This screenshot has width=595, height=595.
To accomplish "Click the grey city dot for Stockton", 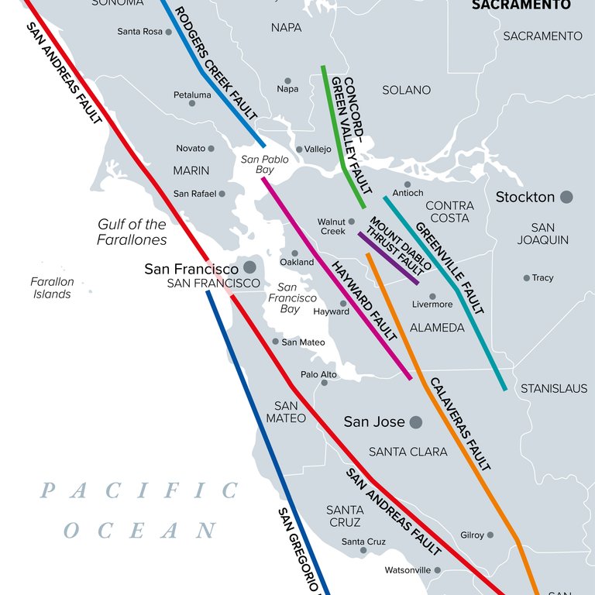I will (566, 197).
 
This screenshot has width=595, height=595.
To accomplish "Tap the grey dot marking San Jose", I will (416, 422).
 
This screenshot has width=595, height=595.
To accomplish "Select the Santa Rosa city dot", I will (168, 32).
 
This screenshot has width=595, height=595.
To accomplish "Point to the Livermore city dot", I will (432, 296).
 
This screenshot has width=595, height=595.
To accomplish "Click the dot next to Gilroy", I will (490, 535).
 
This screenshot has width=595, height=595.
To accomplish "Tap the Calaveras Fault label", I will (459, 424).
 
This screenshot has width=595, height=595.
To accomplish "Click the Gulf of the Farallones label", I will (132, 232).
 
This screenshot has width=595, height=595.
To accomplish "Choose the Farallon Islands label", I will (52, 288).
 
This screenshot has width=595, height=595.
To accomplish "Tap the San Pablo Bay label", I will (265, 164).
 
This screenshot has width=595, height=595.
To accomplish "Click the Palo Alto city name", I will (318, 374).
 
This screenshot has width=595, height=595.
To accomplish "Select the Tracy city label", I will (542, 278).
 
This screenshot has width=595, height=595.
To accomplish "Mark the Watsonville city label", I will (407, 570).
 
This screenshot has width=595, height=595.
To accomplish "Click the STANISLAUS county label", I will (554, 388).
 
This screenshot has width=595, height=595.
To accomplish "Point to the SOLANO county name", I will (406, 91).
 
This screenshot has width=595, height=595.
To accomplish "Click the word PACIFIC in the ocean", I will (139, 490).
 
